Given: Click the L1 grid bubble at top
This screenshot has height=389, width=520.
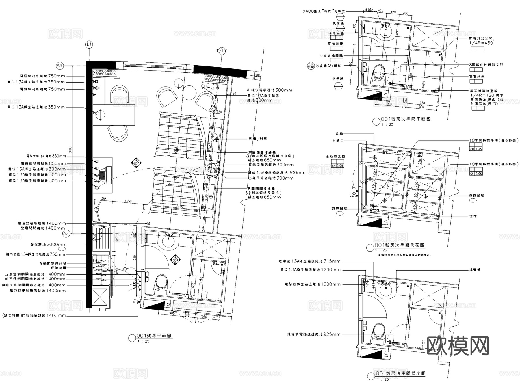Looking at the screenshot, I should (89, 44).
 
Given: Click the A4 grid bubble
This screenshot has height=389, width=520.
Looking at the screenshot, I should (60, 66).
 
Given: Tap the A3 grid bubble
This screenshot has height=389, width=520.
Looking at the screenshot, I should (66, 233).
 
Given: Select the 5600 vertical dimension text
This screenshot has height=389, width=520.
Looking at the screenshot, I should (70, 150).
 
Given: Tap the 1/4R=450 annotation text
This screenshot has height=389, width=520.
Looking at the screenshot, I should (481, 43).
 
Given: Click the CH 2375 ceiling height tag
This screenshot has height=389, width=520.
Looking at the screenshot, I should (476, 149).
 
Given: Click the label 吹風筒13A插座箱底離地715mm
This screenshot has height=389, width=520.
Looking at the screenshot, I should (310, 261).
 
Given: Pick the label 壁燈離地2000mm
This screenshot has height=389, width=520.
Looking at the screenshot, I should (48, 245).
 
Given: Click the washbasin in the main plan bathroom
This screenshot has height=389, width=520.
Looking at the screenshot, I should (168, 241).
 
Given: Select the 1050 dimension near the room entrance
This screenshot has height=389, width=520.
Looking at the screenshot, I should (128, 201).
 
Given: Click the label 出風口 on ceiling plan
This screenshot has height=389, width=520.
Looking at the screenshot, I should (337, 141).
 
